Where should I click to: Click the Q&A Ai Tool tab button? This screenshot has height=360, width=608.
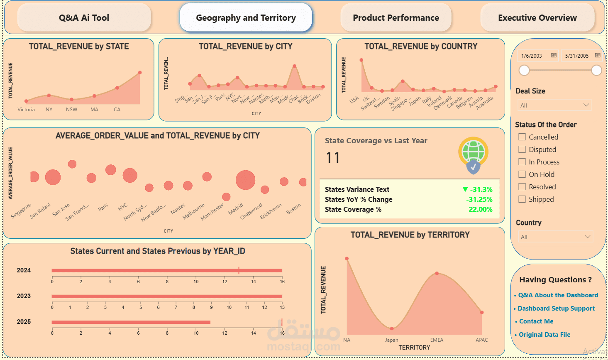click(x=84, y=18)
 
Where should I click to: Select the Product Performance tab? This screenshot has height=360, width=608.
click(x=396, y=18)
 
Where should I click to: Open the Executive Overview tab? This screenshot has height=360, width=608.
click(x=537, y=18)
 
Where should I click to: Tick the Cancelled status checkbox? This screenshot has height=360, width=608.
click(x=522, y=137)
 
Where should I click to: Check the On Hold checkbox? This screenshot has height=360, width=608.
click(x=522, y=174)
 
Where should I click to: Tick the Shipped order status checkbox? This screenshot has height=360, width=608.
click(x=522, y=199)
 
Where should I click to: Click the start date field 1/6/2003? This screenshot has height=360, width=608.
click(x=532, y=56)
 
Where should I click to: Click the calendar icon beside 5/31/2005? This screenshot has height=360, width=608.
click(x=598, y=55)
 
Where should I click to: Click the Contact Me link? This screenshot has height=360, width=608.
click(x=536, y=321)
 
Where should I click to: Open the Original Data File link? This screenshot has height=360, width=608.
click(x=545, y=335)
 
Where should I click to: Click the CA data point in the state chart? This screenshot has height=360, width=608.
click(x=117, y=88)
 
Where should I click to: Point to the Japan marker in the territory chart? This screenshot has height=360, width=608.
click(x=392, y=328)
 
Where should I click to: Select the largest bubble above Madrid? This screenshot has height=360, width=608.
click(x=245, y=180)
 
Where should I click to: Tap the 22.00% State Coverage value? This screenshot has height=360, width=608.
click(x=480, y=209)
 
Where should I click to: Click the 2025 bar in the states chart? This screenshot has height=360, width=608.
click(x=131, y=322)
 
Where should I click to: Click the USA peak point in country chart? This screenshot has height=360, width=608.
click(x=361, y=60)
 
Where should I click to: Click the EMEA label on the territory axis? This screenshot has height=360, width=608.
click(x=437, y=340)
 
